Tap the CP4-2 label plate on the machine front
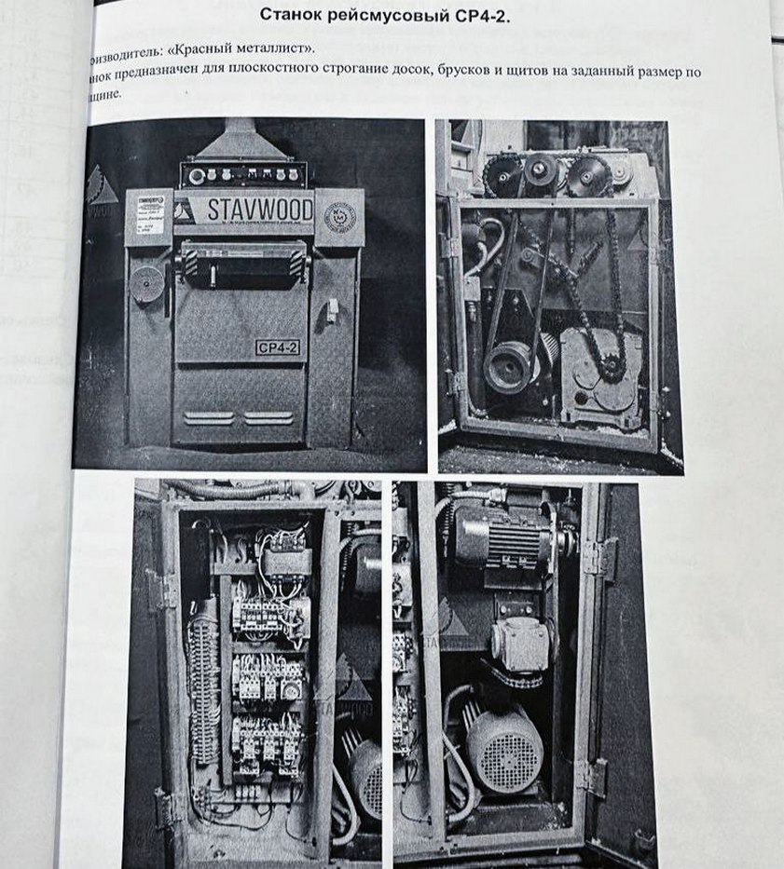tap(277, 347)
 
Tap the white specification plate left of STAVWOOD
tap(149, 216)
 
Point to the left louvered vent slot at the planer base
tap(208, 418)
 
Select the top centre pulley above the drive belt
tap(540, 170)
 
